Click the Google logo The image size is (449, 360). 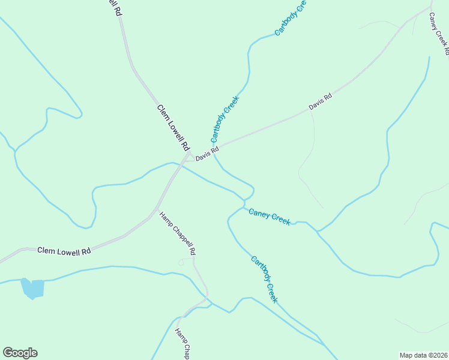(x=20, y=353)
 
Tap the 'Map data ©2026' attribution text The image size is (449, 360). (x=423, y=355)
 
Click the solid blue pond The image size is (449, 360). (x=33, y=288)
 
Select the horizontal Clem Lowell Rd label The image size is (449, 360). (x=64, y=251)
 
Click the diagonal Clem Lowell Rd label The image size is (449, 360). (x=173, y=128)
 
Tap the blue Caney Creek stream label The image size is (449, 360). (x=269, y=217)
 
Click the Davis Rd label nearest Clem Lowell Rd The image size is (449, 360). (x=207, y=154)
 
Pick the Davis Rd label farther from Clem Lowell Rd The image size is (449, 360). (x=321, y=101)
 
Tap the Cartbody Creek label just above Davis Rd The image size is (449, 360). (x=225, y=119)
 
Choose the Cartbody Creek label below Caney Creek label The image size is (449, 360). (x=264, y=279)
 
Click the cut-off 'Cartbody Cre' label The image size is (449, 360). (x=291, y=17)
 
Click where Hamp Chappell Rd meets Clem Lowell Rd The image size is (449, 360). (x=155, y=211)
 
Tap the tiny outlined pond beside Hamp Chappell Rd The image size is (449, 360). (x=181, y=262)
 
